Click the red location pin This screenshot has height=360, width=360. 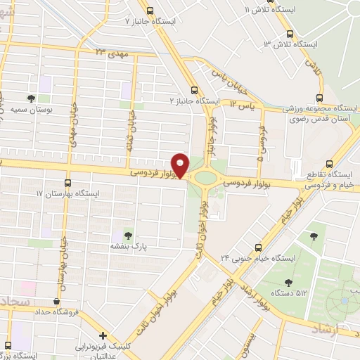coord(181,165)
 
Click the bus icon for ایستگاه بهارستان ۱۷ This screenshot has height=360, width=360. coord(68,181)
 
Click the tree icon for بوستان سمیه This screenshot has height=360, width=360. coord(31,98)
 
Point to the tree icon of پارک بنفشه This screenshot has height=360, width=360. coord(127,235)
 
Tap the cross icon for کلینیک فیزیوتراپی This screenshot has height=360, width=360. coord(103,335)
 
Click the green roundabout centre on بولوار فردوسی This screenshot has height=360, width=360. coord(205,176)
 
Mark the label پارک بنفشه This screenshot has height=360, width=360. coord(127,247)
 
